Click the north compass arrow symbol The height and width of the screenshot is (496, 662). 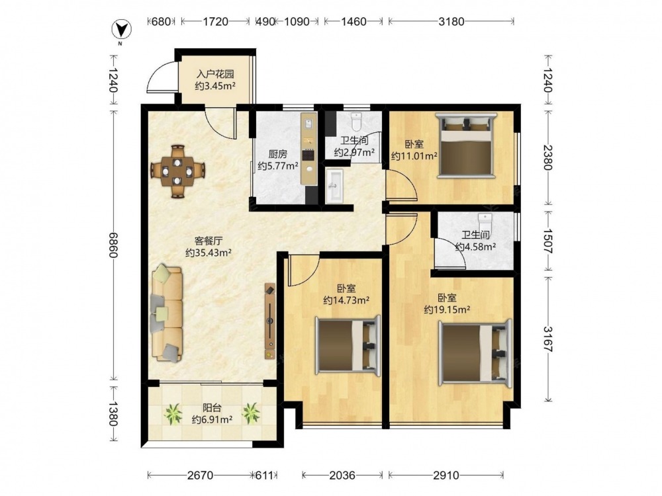tap(121, 29)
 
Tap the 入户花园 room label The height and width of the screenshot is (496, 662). tap(215, 74)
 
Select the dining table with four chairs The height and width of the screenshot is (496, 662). tap(177, 171)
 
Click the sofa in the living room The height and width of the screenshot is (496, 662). tap(167, 313)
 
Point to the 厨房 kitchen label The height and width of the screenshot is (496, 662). tap(277, 154)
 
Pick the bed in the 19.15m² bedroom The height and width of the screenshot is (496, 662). tap(475, 351)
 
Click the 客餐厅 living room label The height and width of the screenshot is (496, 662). tap(208, 241)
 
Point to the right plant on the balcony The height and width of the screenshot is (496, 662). tap(251, 413)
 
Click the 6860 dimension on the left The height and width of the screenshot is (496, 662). tap(113, 245)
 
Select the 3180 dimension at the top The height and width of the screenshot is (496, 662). tap(451, 21)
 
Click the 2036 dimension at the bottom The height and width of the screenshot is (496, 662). tap(342, 475)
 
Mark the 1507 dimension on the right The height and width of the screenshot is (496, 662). tap(548, 241)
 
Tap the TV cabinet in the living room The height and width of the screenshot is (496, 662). tap(270, 321)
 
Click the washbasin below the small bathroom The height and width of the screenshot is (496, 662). tap(335, 186)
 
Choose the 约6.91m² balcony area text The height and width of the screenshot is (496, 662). tap(212, 420)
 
